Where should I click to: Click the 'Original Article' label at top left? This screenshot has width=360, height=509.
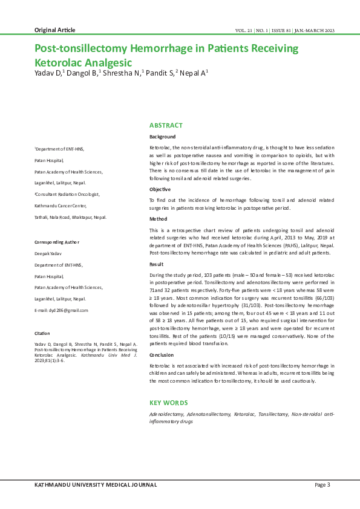[54, 30]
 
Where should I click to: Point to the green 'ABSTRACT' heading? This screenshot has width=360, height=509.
[166, 125]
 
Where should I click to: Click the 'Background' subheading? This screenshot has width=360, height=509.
[163, 137]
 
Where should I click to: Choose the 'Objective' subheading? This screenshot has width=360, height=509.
[160, 189]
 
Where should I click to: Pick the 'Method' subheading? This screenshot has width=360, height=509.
[158, 219]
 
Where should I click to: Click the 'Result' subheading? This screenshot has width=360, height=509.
[157, 265]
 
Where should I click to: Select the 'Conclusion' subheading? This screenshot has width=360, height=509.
[162, 355]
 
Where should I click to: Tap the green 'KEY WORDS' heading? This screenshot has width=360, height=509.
[169, 403]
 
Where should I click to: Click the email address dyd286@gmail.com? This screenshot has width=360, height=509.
[61, 310]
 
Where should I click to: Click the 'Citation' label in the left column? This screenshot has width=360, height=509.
[42, 333]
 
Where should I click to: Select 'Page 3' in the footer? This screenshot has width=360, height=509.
[322, 485]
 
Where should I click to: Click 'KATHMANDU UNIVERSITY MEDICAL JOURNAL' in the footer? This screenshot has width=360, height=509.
[96, 485]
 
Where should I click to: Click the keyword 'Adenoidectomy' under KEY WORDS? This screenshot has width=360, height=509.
[167, 415]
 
